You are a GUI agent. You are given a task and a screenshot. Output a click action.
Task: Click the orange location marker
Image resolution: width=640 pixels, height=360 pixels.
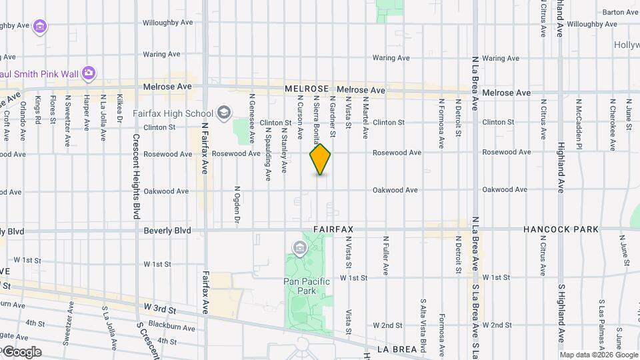320,159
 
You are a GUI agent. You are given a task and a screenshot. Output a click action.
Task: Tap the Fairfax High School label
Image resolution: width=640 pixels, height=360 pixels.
173,113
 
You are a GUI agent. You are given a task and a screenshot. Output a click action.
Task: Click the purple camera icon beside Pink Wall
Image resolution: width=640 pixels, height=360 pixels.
89,72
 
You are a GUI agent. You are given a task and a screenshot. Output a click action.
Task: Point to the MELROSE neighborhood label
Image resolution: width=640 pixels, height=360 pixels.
307,89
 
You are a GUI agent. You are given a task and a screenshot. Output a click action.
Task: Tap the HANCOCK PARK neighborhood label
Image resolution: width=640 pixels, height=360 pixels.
561,229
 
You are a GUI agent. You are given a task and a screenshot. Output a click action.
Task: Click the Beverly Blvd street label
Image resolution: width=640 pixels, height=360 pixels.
167,231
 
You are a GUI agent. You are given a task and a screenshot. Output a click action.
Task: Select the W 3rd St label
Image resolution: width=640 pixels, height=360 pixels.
159,310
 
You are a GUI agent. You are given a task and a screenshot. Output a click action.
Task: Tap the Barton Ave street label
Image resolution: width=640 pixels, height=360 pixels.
620,12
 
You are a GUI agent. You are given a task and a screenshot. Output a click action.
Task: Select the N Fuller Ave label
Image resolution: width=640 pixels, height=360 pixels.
385,255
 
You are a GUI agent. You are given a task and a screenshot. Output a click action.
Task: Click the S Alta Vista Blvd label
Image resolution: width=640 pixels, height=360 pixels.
423,326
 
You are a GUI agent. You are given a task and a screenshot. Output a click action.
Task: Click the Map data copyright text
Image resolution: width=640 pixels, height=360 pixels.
599,355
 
